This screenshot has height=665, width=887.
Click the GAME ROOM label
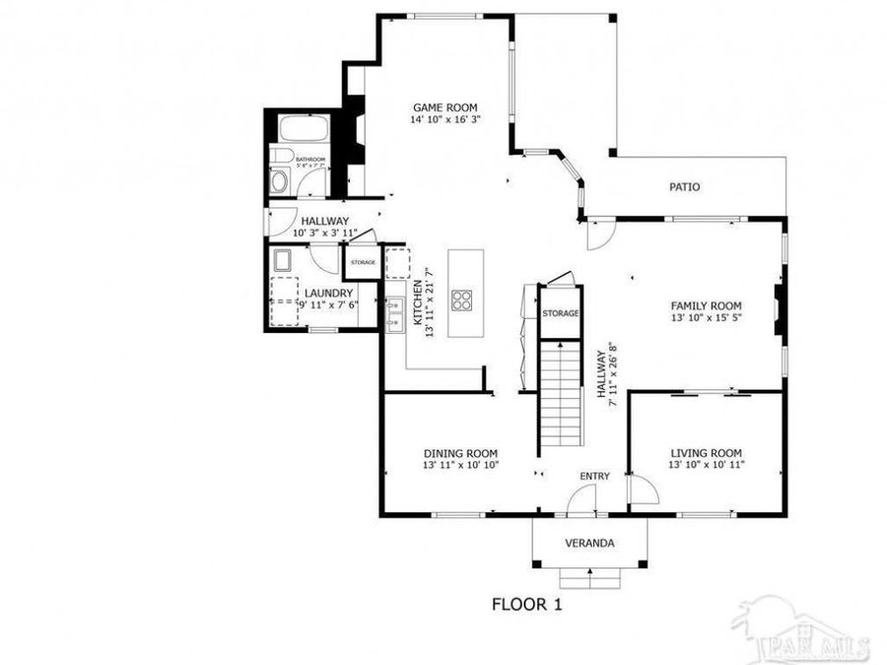point(444,107)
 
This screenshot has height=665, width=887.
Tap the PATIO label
point(684,186)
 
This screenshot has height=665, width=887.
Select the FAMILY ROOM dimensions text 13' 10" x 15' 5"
point(706,318)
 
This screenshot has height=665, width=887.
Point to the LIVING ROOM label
point(706,452)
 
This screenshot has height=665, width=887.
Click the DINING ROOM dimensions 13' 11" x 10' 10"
point(460,465)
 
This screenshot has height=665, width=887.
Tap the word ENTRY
point(594,476)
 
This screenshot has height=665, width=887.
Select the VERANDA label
point(589,543)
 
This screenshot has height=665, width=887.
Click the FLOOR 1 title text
point(526,604)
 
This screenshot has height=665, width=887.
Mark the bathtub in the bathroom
point(303,129)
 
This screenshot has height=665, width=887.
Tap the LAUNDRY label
point(328,293)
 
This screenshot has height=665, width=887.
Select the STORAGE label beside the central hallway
point(560,313)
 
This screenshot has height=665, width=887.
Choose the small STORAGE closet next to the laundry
point(362,263)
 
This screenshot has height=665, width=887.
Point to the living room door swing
point(642,490)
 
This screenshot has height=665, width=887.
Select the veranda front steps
point(589,577)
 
